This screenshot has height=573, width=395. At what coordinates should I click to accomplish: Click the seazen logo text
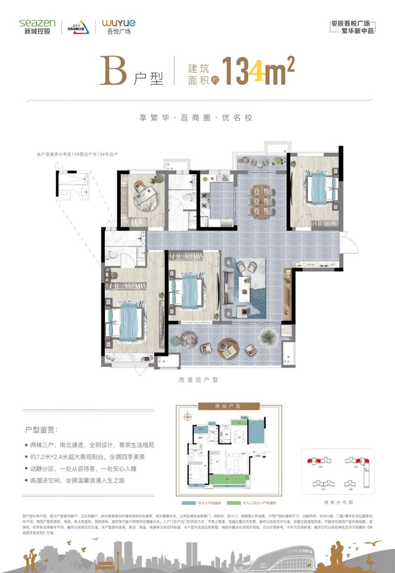point(38,23)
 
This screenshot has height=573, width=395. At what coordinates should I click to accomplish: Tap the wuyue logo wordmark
point(118,23)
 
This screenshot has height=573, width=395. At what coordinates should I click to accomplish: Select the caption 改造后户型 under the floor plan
point(198,380)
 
